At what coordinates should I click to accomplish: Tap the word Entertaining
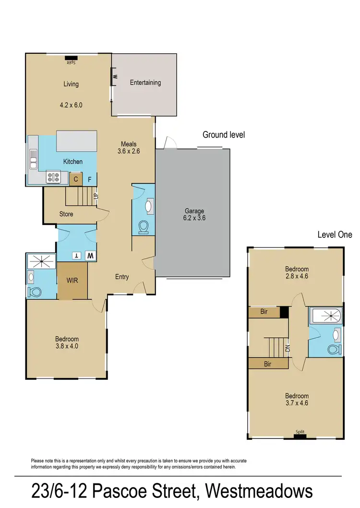145,83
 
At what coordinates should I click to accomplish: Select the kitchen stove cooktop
53,178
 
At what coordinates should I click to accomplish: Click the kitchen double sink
33,159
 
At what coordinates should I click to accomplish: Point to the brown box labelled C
76,180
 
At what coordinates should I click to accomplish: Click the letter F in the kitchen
89,180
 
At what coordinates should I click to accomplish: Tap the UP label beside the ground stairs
96,196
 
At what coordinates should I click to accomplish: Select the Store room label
66,214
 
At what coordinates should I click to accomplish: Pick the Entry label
122,277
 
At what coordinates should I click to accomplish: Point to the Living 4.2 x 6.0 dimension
71,105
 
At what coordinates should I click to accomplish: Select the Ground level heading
224,135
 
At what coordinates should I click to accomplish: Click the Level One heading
335,235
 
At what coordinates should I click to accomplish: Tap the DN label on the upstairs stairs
288,348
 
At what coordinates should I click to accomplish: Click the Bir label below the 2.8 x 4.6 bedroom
264,312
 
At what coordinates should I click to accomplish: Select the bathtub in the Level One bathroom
326,315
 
